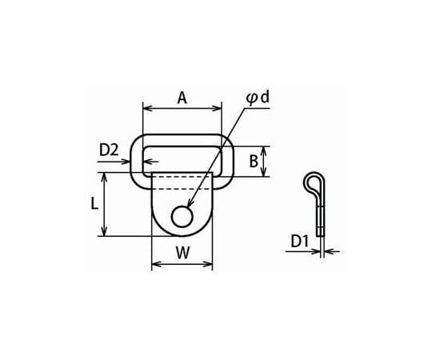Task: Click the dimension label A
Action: point(182,98)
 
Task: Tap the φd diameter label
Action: point(258,98)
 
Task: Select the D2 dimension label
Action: point(109,150)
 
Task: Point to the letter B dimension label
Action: point(254,161)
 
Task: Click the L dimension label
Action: point(94,204)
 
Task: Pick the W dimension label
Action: point(182,253)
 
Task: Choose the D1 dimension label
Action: point(299,242)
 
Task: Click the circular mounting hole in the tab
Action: point(182,217)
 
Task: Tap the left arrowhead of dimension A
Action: point(148,108)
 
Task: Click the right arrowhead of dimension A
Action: point(217,108)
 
